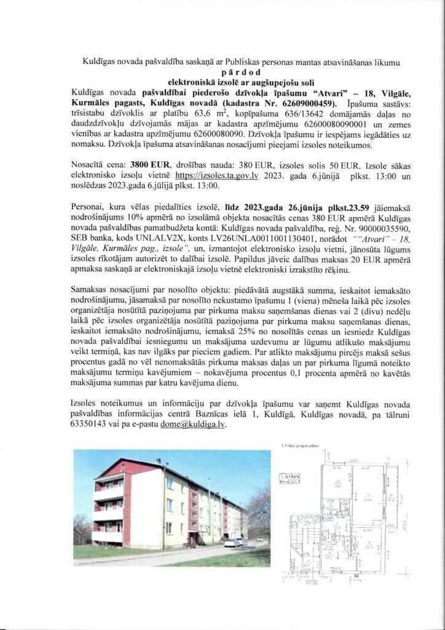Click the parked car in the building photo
(232, 542)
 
